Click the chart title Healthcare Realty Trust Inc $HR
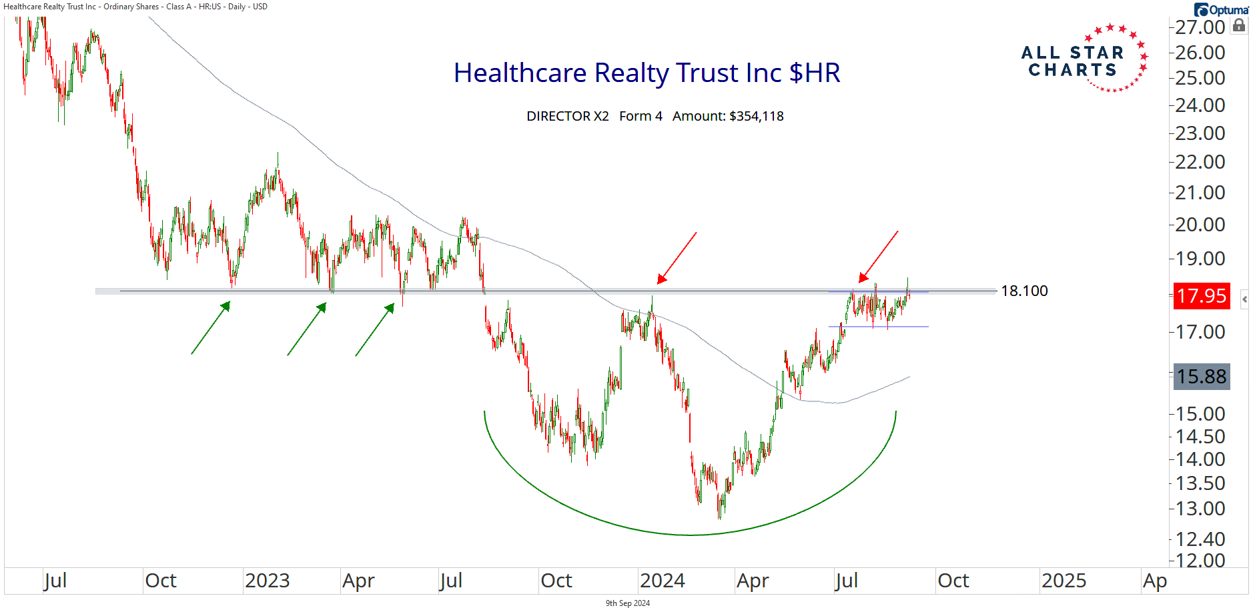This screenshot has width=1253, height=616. coord(647,73)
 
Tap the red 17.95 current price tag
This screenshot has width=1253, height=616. coord(1201,295)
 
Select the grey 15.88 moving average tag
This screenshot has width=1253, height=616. coord(1201,377)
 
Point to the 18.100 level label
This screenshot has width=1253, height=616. coord(1024,291)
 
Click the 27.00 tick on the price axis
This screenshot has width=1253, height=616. coord(1200,27)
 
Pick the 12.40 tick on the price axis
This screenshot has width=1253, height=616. coord(1200,539)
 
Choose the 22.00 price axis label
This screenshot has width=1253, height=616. coord(1200,162)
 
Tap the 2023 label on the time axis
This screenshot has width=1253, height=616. coord(267,581)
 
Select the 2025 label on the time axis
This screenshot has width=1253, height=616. coord(1064,581)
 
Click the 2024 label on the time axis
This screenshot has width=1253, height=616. coord(662,581)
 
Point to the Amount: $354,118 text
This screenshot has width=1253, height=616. coord(728,116)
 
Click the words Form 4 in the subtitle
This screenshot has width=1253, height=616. coord(641,116)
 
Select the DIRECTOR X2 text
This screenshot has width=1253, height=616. coord(568,116)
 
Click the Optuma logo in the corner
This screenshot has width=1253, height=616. coord(1222,9)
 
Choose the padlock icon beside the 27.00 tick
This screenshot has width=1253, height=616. coord(1239,25)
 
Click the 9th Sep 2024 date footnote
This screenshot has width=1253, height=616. coord(627,603)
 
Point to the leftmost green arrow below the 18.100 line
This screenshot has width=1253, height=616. coord(211,327)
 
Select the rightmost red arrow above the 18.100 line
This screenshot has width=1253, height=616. coord(878,257)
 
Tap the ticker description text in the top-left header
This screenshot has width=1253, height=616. coord(135,7)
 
